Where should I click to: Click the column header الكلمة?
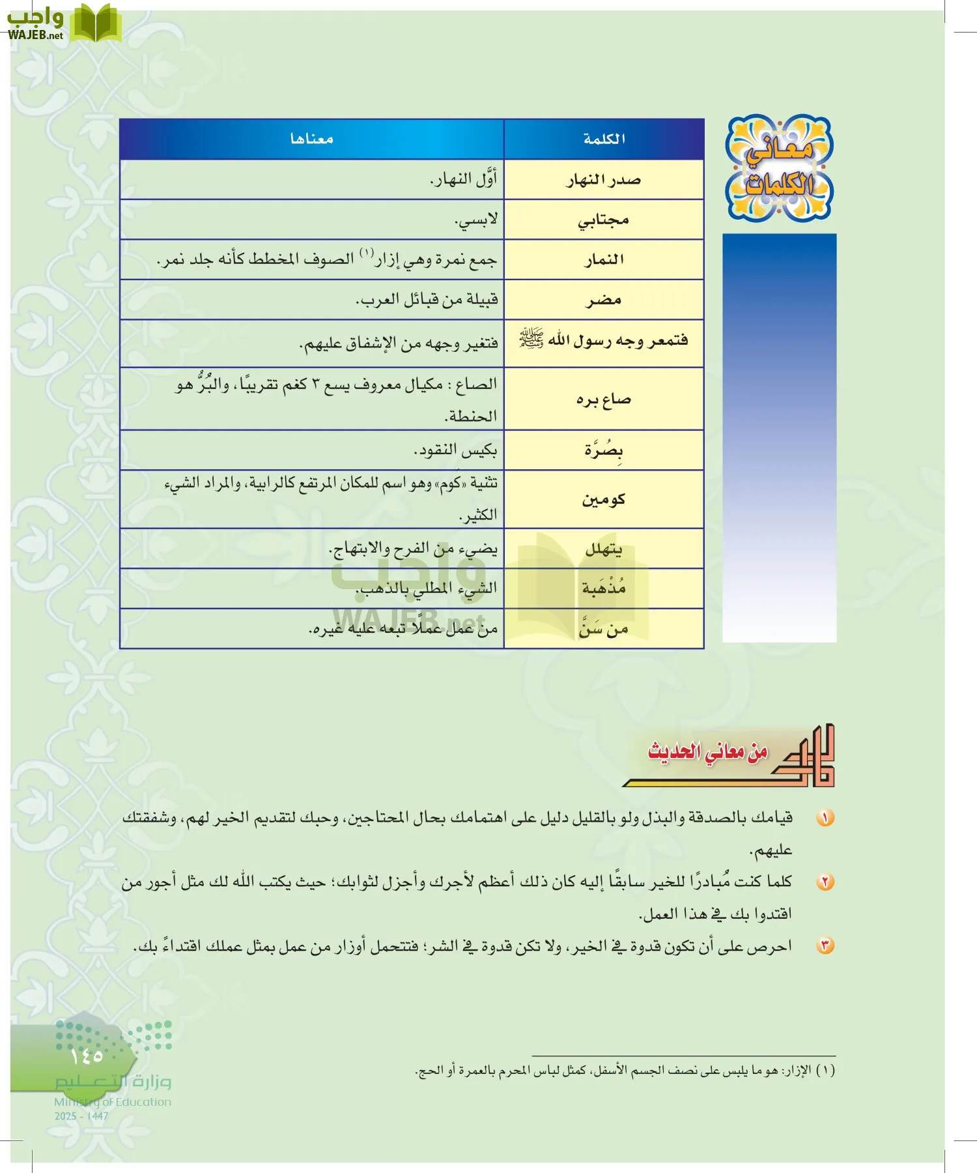pyautogui.click(x=604, y=139)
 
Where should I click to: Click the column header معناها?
pyautogui.click(x=311, y=139)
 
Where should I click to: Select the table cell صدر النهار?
pyautogui.click(x=604, y=180)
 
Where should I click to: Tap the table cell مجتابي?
pyautogui.click(x=604, y=220)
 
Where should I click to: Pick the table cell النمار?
pyautogui.click(x=604, y=259)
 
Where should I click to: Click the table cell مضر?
pyautogui.click(x=604, y=300)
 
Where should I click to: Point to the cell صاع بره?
pyautogui.click(x=604, y=399)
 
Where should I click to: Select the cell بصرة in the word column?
pyautogui.click(x=604, y=450)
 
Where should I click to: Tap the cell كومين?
pyautogui.click(x=604, y=499)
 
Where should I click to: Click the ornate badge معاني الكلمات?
pyautogui.click(x=779, y=168)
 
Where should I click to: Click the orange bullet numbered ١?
pyautogui.click(x=825, y=817)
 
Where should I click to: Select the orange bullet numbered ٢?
pyautogui.click(x=825, y=882)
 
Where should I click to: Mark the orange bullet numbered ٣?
pyautogui.click(x=825, y=946)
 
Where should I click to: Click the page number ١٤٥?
pyautogui.click(x=87, y=1055)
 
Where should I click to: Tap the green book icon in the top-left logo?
pyautogui.click(x=95, y=23)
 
